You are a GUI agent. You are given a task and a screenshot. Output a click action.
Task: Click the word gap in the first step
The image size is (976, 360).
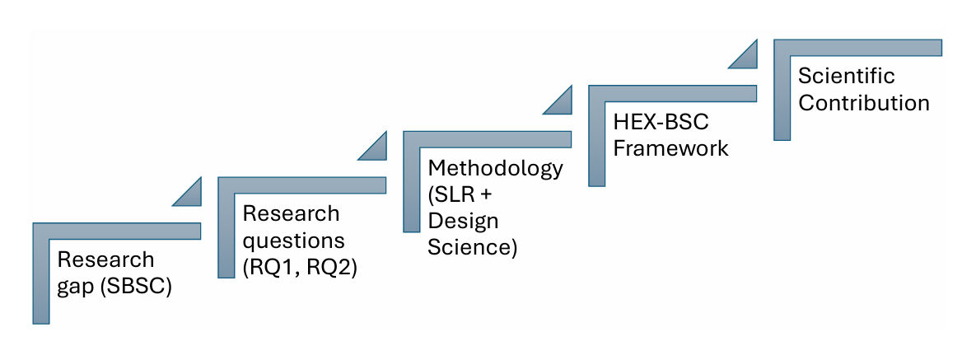pyautogui.click(x=75, y=289)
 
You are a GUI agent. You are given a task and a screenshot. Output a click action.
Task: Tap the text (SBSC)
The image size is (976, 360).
pyautogui.click(x=135, y=288)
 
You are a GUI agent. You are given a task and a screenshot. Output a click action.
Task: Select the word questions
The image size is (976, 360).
pyautogui.click(x=293, y=241)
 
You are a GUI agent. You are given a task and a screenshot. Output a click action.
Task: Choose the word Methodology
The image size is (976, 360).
pyautogui.click(x=496, y=168)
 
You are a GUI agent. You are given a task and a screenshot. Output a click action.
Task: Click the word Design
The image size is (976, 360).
pyautogui.click(x=463, y=222)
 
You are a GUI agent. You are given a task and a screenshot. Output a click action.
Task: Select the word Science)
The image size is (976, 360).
pyautogui.click(x=472, y=248)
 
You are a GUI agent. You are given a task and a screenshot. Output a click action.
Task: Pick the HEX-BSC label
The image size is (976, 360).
pyautogui.click(x=661, y=122)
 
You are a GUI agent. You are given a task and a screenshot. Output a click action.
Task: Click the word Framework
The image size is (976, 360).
pyautogui.click(x=671, y=148)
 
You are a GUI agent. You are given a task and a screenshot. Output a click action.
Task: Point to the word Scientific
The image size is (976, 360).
pyautogui.click(x=847, y=76)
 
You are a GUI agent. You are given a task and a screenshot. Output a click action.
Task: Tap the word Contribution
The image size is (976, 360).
pyautogui.click(x=864, y=103)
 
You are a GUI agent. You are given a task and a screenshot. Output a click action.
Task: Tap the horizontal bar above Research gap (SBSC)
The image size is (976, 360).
pyautogui.click(x=115, y=231)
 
